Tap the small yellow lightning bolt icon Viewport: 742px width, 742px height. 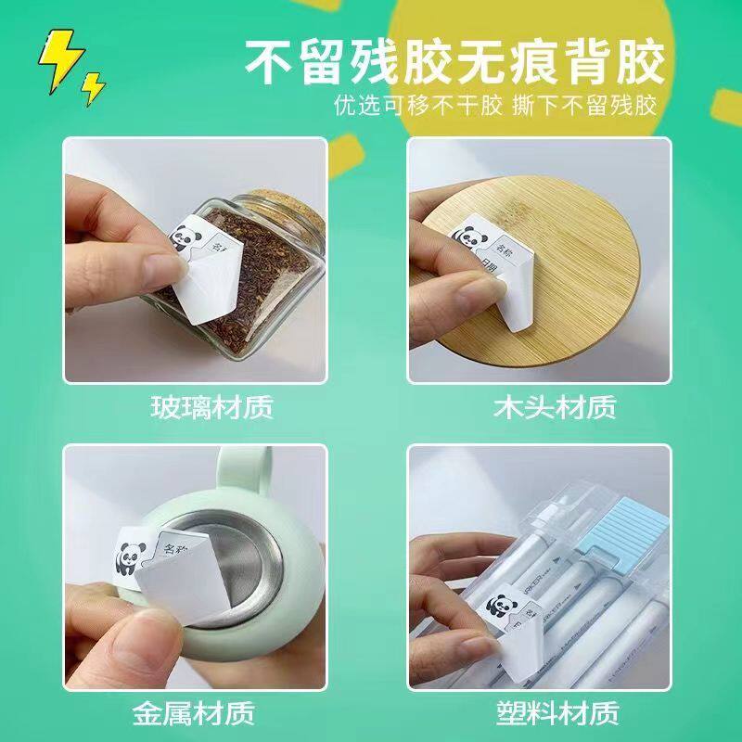(x=94, y=88)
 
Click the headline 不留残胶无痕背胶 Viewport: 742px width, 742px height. (x=455, y=62)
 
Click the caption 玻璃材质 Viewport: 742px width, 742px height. (x=199, y=407)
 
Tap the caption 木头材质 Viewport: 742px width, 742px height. (x=544, y=407)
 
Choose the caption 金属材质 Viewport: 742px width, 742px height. (x=199, y=715)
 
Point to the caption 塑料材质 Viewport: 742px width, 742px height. (x=544, y=715)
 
